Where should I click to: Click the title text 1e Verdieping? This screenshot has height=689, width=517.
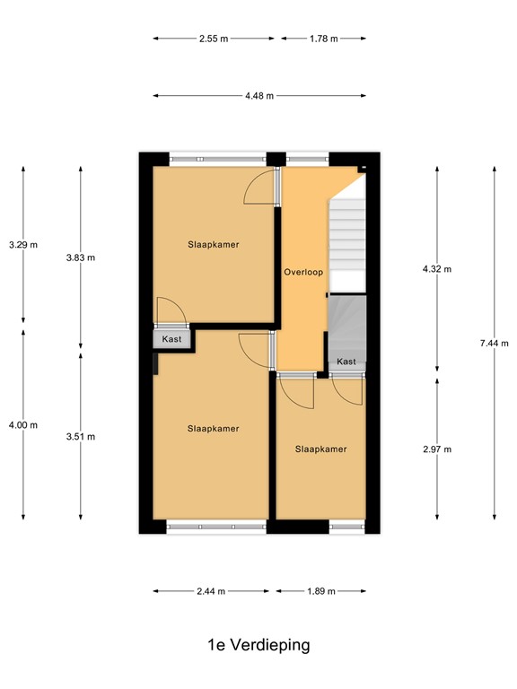(258, 645)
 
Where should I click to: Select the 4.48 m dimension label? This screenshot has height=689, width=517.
(258, 95)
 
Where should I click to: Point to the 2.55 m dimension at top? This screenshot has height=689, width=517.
(214, 39)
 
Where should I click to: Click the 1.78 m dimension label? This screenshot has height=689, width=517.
(323, 39)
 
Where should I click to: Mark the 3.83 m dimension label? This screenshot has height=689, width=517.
(80, 257)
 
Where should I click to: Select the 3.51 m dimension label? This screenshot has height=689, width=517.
(80, 437)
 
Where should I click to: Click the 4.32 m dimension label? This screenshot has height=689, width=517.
(437, 268)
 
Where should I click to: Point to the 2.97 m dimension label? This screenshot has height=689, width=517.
(437, 449)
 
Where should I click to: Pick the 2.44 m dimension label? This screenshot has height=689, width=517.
(210, 591)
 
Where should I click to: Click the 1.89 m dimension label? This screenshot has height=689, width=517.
(320, 591)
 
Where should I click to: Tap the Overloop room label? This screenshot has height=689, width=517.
(302, 272)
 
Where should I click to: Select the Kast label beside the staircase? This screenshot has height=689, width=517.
(346, 362)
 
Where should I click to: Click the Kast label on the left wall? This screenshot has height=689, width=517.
(171, 339)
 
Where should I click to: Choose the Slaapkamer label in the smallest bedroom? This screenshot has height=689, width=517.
(320, 449)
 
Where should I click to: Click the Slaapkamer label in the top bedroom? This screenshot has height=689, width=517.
(214, 244)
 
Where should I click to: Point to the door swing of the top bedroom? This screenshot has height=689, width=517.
(259, 188)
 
